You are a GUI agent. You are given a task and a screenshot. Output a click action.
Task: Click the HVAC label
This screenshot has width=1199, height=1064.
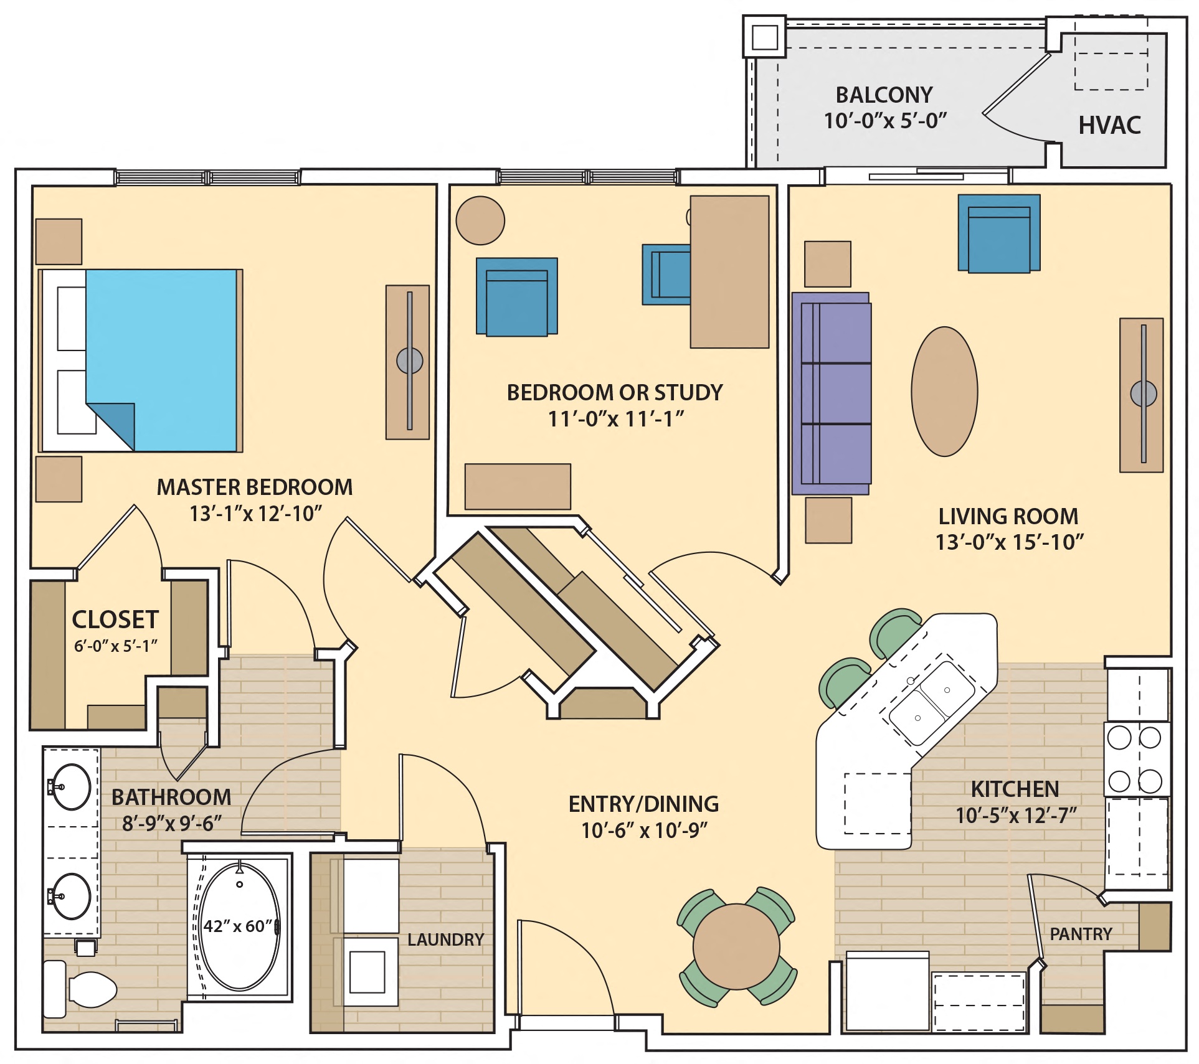(1109, 125)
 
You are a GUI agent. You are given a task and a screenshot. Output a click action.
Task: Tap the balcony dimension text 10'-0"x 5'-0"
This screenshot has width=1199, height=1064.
(885, 120)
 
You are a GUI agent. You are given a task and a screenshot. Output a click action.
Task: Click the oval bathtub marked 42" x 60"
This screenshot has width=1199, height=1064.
(240, 926)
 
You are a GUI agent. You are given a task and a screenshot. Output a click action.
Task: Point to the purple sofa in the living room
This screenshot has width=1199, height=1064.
(832, 393)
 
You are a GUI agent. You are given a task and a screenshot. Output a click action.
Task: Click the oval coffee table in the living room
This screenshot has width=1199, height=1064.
(944, 392)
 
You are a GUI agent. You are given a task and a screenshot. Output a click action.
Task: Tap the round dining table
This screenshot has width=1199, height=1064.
(736, 947)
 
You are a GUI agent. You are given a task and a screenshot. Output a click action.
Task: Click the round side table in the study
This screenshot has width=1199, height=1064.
(480, 220)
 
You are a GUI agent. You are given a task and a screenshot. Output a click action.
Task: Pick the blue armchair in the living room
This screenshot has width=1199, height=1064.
(999, 233)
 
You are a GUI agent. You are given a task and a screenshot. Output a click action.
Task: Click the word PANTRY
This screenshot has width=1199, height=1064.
(1081, 934)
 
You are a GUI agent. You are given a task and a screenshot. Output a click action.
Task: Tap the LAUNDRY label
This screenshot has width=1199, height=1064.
(445, 939)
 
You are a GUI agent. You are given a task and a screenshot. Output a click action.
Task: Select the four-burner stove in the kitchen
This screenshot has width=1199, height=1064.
(1134, 759)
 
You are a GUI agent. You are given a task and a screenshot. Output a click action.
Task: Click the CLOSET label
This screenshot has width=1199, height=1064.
(115, 619)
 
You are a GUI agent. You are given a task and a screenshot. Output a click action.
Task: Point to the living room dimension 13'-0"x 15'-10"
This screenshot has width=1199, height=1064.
(1009, 542)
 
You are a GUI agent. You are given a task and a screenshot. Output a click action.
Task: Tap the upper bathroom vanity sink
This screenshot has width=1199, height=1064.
(70, 787)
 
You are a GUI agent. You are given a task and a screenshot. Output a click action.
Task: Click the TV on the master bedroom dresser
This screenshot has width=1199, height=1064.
(409, 360)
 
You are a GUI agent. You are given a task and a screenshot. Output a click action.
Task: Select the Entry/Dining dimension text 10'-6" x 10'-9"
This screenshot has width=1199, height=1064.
(644, 831)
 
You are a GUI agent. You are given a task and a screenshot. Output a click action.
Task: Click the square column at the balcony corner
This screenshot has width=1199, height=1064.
(764, 37)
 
